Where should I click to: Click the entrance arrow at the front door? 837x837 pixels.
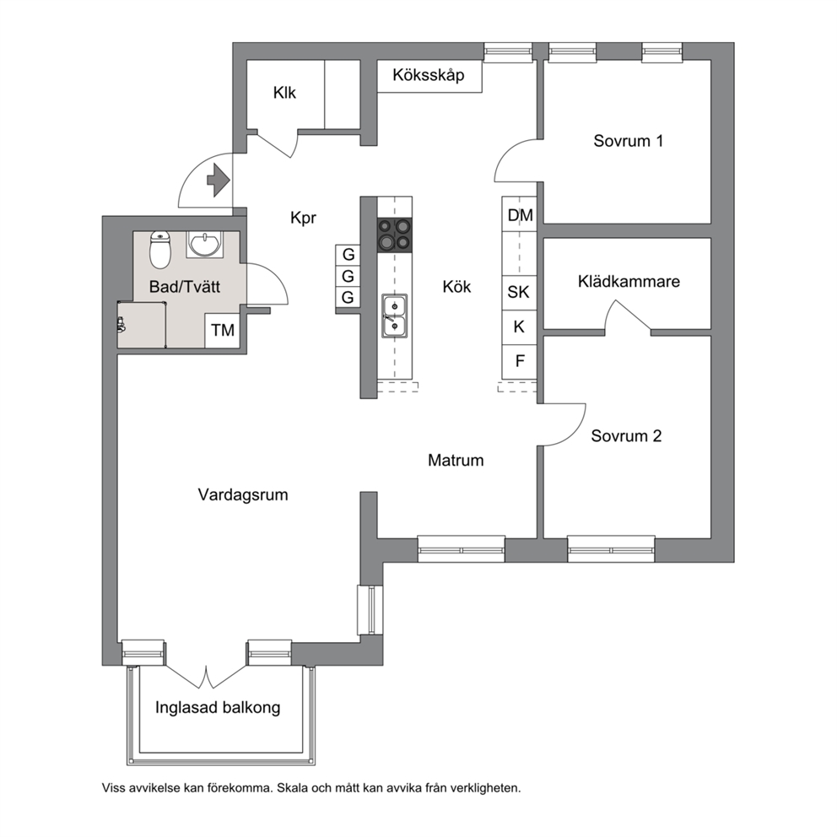(x=219, y=181)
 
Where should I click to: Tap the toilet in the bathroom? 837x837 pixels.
(x=159, y=249)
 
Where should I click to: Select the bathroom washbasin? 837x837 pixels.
(x=204, y=245)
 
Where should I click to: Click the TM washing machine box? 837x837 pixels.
(x=223, y=331)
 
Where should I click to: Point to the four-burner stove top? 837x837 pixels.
(x=395, y=235)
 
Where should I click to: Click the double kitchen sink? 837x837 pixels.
(x=395, y=316)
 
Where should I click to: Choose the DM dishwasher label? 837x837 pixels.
(x=520, y=215)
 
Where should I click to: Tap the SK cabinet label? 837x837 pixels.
(x=518, y=292)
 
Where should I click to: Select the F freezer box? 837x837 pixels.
(x=520, y=362)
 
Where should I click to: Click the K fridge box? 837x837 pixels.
(x=520, y=327)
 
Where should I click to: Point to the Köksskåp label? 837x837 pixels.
(x=429, y=75)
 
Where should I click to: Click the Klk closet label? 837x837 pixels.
(x=284, y=93)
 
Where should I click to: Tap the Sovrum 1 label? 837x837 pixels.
(x=629, y=141)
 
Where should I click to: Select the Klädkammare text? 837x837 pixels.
(x=629, y=281)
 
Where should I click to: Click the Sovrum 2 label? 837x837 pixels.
(x=626, y=436)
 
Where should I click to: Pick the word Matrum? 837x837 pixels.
(x=456, y=460)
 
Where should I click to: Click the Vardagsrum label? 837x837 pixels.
(x=243, y=494)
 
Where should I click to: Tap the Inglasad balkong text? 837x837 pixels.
(x=218, y=708)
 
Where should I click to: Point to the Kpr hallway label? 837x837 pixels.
(x=303, y=218)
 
